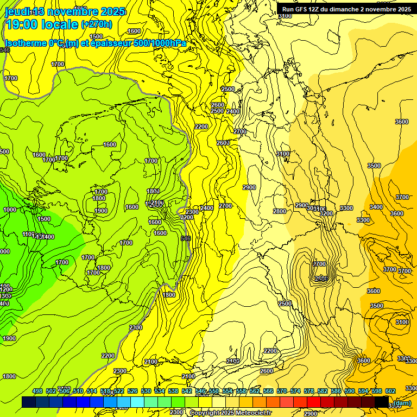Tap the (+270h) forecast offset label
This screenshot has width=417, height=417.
click(x=97, y=24)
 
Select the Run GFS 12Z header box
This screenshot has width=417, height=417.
click(x=346, y=9)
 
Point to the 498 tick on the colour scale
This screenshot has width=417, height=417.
click(x=37, y=391)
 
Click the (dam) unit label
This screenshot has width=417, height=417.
click(x=402, y=402)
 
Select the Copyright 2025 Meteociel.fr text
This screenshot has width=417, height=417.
click(x=230, y=413)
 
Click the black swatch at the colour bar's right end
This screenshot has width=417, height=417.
click(x=382, y=402)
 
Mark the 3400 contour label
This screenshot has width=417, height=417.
click(x=376, y=207)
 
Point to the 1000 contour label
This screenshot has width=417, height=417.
click(x=10, y=210)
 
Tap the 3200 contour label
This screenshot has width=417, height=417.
click(x=326, y=213)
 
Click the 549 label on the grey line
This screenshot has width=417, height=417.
click(x=186, y=238)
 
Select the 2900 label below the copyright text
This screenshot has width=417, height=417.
click(x=311, y=414)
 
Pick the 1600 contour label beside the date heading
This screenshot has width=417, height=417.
click(x=134, y=31)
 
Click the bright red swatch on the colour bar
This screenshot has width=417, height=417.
click(x=313, y=402)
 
